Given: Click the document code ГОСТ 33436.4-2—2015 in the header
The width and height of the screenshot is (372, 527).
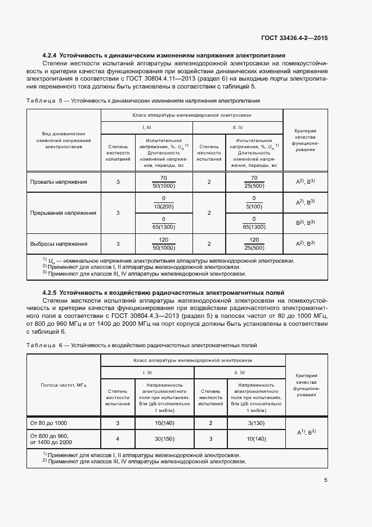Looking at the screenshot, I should point(294,38).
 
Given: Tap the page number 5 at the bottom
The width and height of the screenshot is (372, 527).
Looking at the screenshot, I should point(326,480).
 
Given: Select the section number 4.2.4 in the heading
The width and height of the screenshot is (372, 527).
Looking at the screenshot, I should point(50,55).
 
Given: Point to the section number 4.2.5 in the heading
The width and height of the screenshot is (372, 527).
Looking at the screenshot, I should point(50,293).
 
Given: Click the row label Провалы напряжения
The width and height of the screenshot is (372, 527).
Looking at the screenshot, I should point(59,182).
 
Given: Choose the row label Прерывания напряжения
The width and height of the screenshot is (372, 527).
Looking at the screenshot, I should point(62,213).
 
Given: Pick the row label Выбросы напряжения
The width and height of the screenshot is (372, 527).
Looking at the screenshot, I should point(59,244).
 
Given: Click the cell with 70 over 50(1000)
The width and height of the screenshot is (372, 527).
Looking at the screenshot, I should point(164,182).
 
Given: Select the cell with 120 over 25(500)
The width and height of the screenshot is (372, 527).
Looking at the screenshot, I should point(254,244).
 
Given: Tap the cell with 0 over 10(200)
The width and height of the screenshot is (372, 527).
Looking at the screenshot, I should point(164,202).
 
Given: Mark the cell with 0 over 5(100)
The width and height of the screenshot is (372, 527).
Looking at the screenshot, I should point(254,202).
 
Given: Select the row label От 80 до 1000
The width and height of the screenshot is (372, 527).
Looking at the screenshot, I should point(49,423).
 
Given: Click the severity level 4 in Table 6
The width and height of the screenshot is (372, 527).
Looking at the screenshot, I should point(118,440).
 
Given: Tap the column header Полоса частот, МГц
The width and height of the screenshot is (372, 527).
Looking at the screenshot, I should point(63,385).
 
